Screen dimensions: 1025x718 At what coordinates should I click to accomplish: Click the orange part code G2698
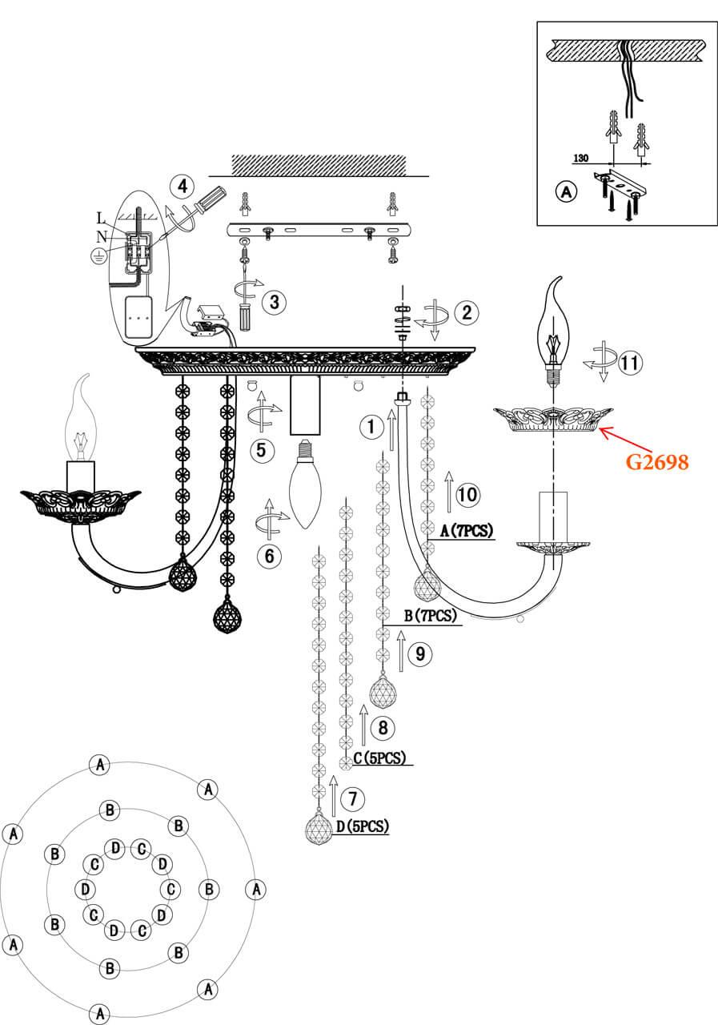[657, 462]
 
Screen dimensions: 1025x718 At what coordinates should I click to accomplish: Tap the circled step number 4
[182, 187]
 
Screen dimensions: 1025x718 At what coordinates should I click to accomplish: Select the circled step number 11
[631, 363]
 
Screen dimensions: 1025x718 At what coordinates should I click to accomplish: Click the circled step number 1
[371, 427]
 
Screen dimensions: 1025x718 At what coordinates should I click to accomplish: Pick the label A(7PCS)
[468, 531]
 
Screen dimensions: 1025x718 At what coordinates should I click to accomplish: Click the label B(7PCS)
[430, 616]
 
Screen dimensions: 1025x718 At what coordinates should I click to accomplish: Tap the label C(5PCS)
[379, 758]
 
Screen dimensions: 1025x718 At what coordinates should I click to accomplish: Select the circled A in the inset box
[566, 192]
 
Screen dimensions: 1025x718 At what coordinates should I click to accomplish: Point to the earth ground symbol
[97, 256]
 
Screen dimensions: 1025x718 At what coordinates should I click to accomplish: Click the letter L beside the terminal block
[100, 218]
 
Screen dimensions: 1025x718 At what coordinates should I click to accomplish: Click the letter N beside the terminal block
[102, 236]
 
